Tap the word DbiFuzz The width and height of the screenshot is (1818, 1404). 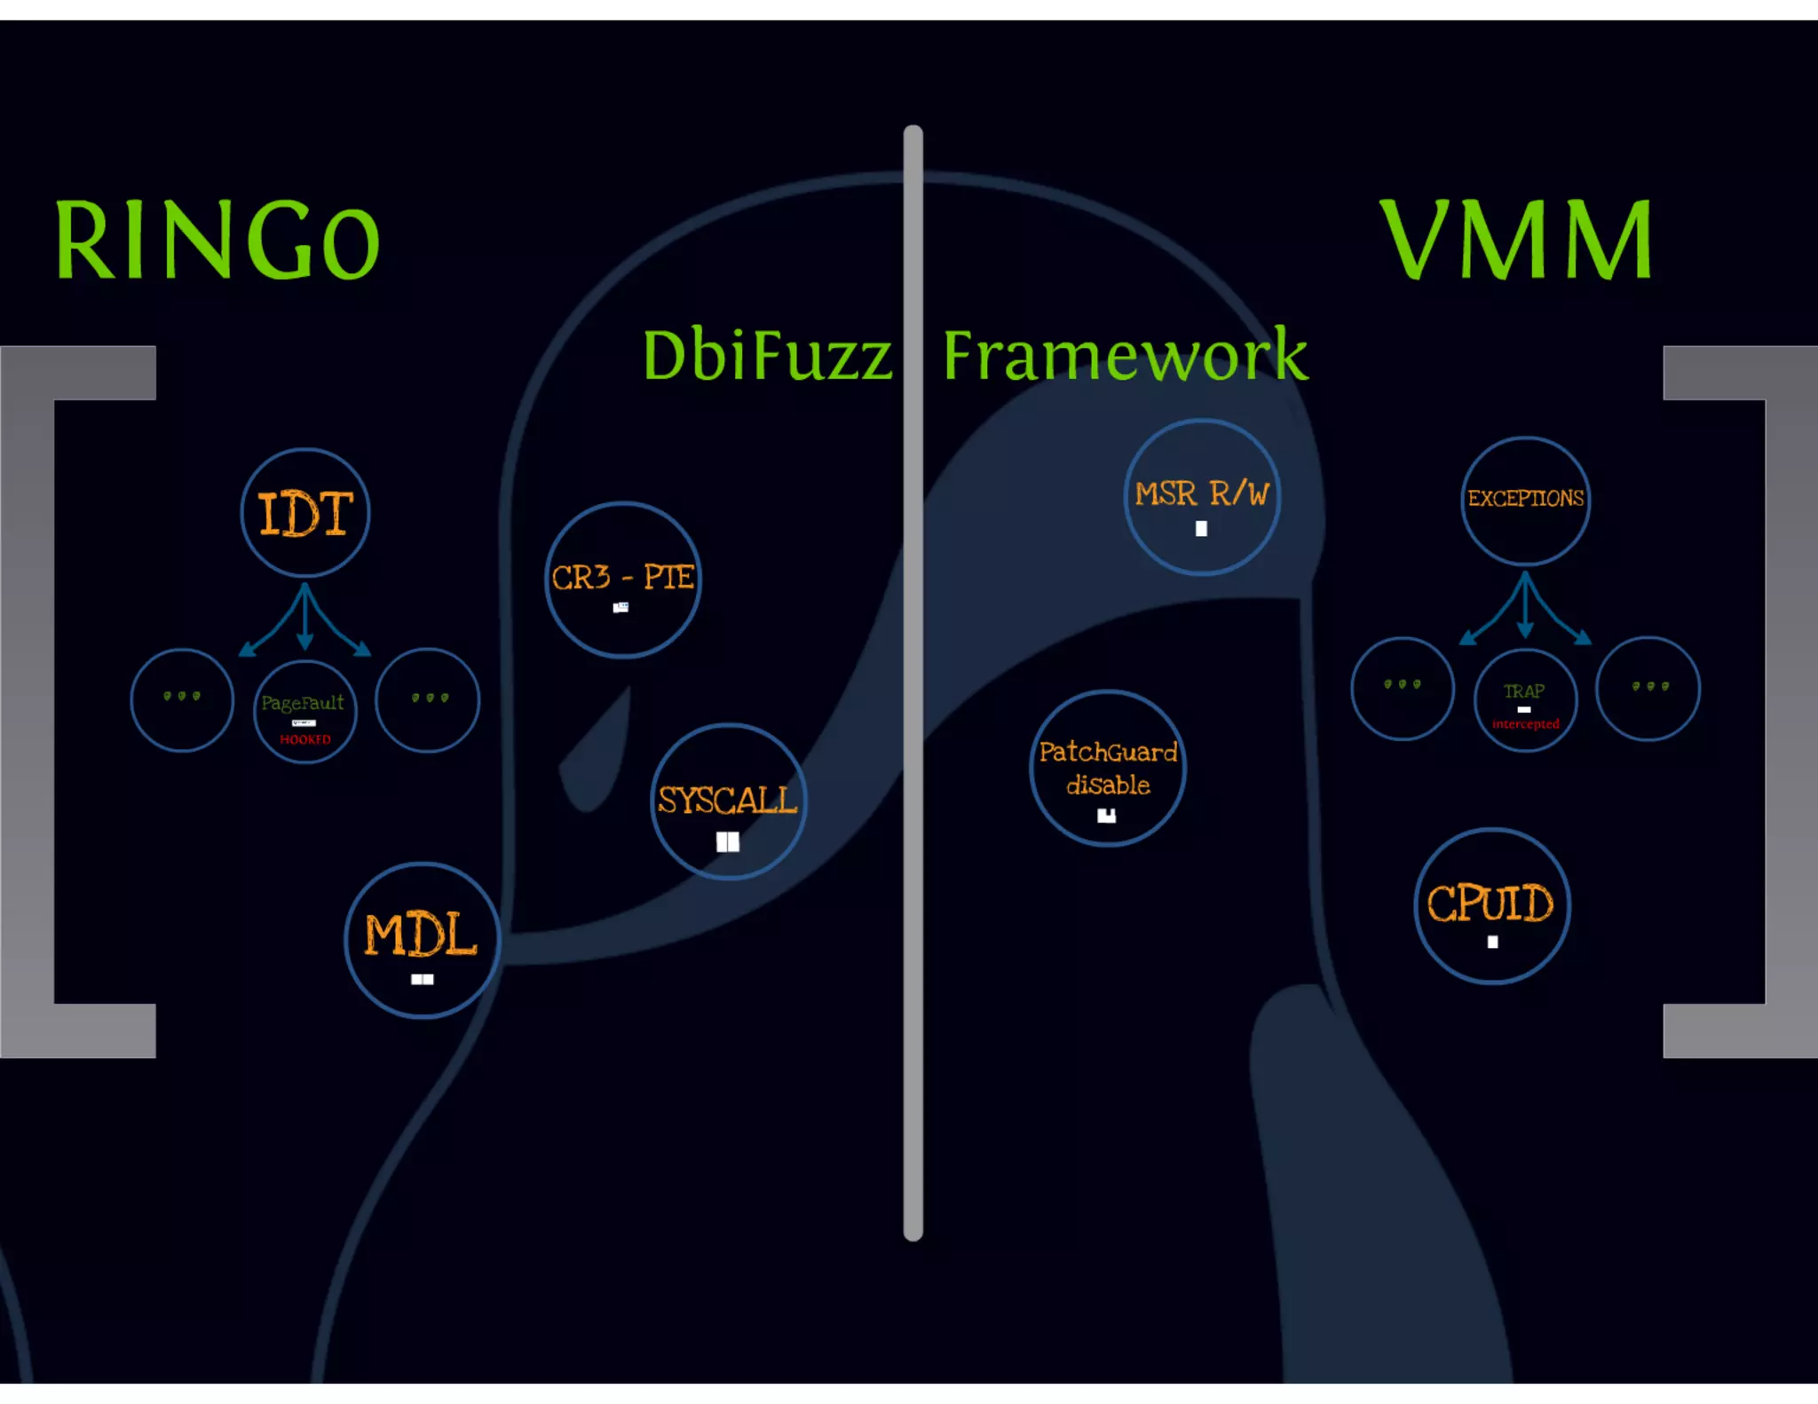point(767,356)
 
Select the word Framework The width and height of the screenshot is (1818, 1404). point(1125,355)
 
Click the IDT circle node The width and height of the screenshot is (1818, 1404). point(305,513)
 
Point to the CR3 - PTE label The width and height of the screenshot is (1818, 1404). point(622,578)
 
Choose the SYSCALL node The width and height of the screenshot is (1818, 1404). point(728,801)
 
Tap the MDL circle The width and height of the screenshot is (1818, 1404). point(422,940)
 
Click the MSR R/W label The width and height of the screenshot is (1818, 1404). point(1202,493)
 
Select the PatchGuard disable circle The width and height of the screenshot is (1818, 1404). point(1108,769)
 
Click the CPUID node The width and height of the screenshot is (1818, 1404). point(1491,906)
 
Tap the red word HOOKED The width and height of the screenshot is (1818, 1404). point(305,739)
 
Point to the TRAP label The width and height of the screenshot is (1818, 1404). point(1524,690)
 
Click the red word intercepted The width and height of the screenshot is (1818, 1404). point(1525,724)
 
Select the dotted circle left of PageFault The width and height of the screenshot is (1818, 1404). point(182,700)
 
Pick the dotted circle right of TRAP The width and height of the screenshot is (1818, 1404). point(1648,689)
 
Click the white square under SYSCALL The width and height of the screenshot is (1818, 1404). point(728,841)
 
